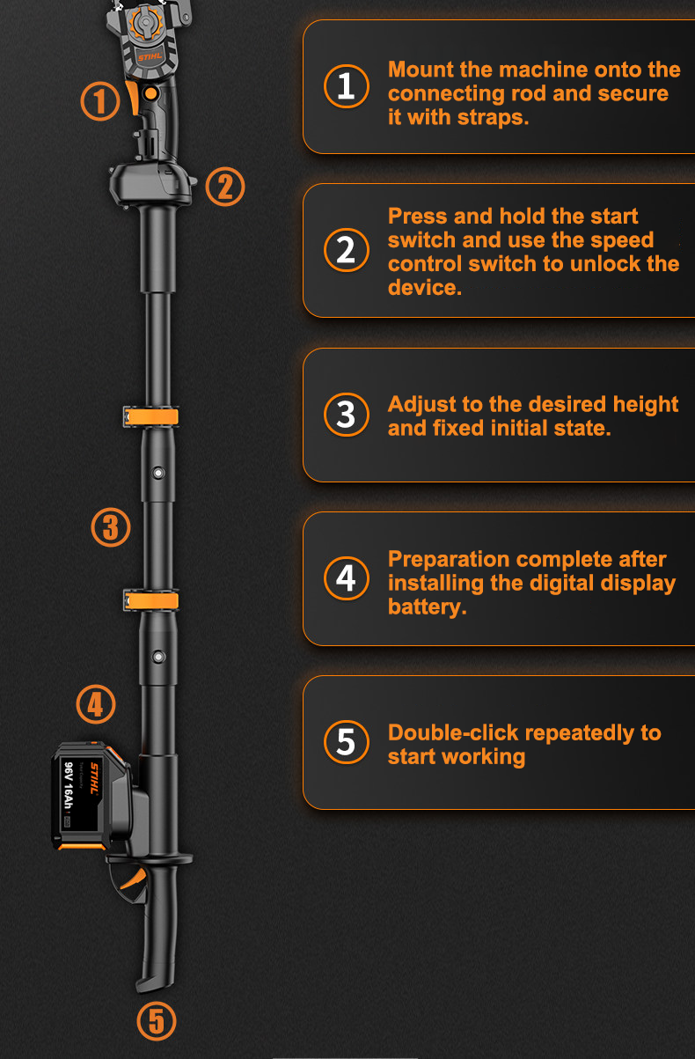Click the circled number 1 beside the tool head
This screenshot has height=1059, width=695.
(100, 100)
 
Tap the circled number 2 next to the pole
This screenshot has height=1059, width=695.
(225, 187)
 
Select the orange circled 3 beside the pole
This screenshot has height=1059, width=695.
(111, 528)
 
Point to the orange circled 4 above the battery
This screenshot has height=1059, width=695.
(96, 704)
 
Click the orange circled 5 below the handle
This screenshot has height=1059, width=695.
(157, 1021)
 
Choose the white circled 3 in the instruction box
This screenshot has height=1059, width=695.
(347, 415)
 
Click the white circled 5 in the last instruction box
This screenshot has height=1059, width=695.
(347, 742)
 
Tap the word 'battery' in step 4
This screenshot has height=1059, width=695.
(427, 607)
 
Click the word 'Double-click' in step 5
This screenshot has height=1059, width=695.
(453, 732)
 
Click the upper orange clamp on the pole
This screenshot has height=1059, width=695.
(151, 415)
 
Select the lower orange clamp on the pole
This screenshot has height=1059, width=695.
(151, 601)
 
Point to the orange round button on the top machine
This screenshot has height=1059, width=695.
(150, 92)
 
